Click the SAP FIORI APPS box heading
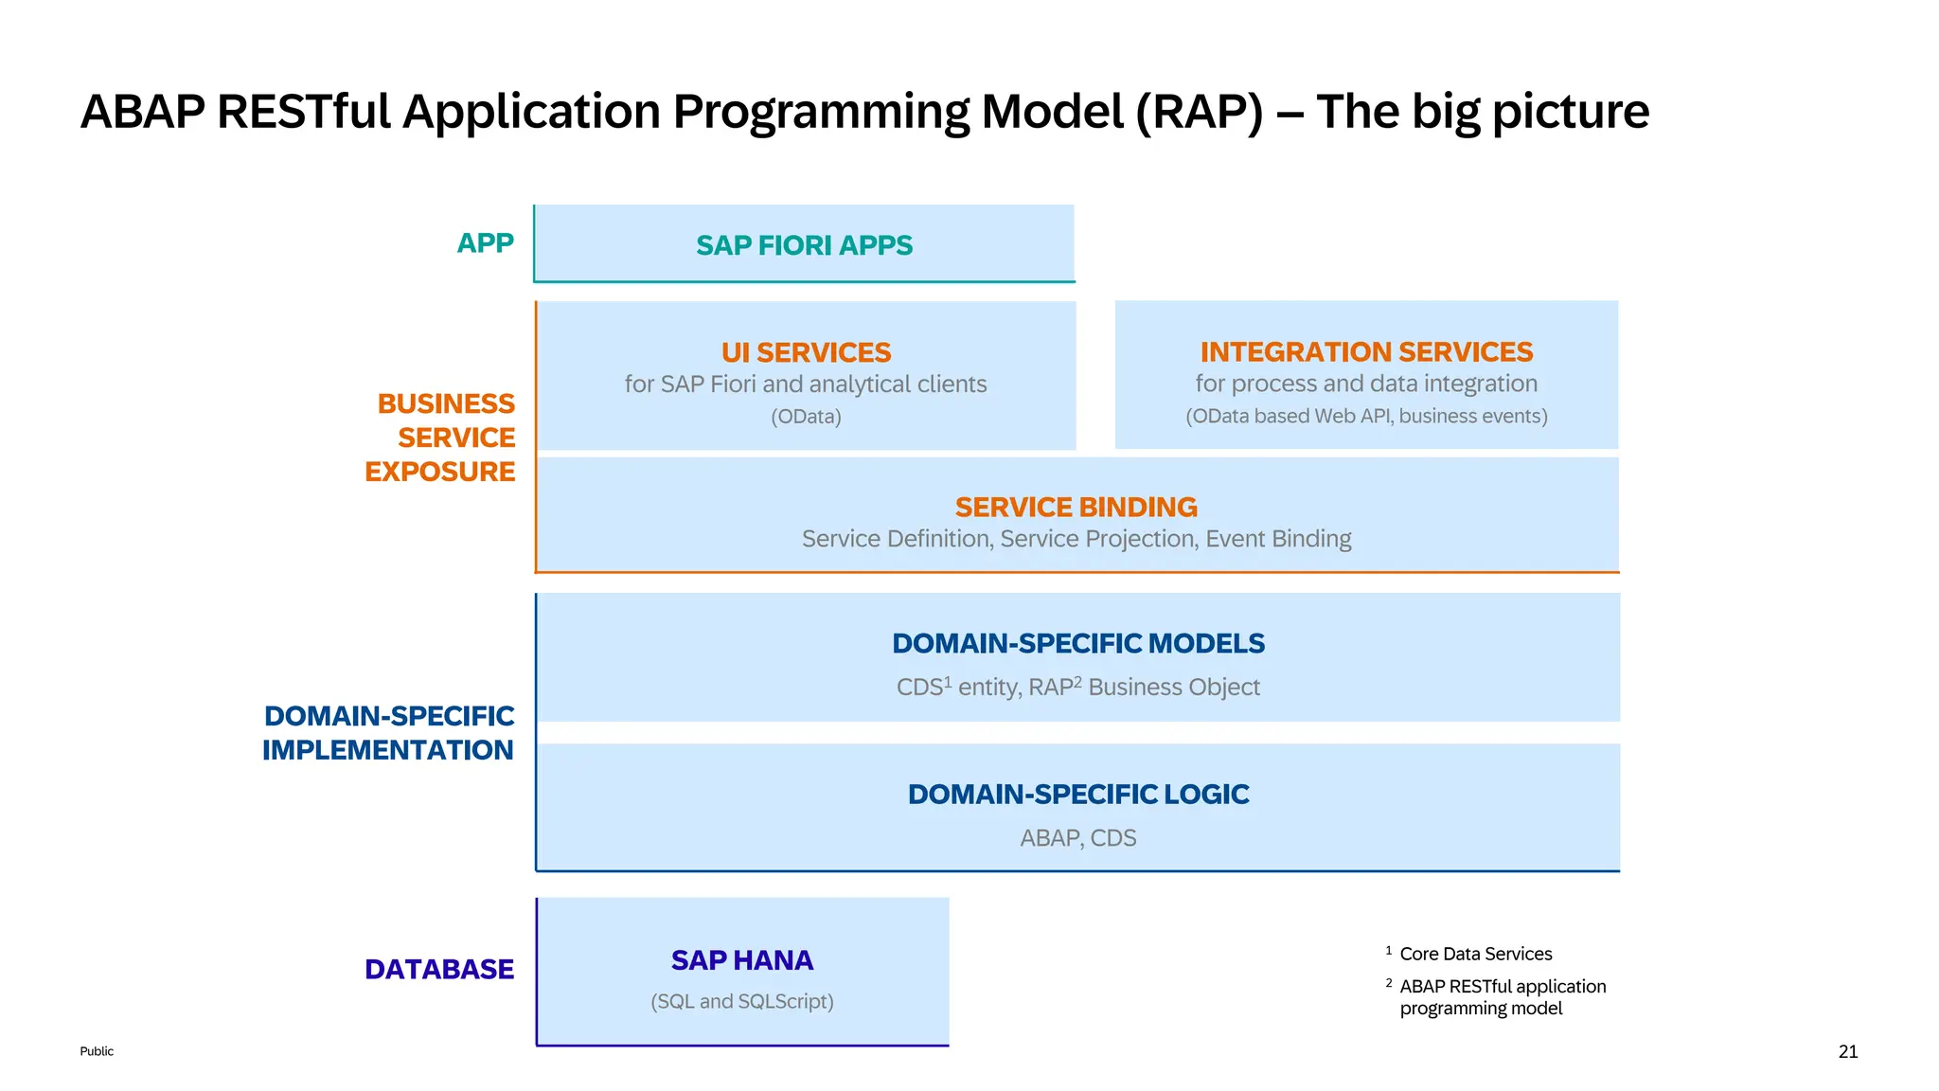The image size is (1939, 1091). click(x=804, y=245)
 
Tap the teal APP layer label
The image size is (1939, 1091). click(x=485, y=243)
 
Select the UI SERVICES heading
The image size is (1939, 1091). click(x=806, y=352)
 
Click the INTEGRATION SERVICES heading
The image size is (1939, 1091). click(x=1366, y=352)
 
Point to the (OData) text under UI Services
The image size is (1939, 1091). click(x=806, y=417)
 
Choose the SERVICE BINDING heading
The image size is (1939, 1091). click(x=1076, y=508)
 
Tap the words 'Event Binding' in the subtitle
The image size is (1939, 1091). click(x=1278, y=539)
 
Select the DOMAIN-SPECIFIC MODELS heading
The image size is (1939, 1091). click(x=1077, y=644)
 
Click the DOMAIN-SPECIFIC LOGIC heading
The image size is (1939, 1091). click(x=1077, y=795)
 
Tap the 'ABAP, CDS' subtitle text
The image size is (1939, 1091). click(x=1077, y=838)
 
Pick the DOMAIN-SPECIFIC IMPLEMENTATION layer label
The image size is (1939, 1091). click(x=388, y=733)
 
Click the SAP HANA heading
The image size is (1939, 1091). click(x=741, y=960)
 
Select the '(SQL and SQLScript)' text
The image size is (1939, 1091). click(x=741, y=1002)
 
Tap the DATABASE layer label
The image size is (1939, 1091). click(x=438, y=970)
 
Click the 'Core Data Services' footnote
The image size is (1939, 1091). click(x=1475, y=955)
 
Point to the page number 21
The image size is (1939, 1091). click(x=1847, y=1051)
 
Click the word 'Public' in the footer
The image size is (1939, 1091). click(x=97, y=1051)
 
